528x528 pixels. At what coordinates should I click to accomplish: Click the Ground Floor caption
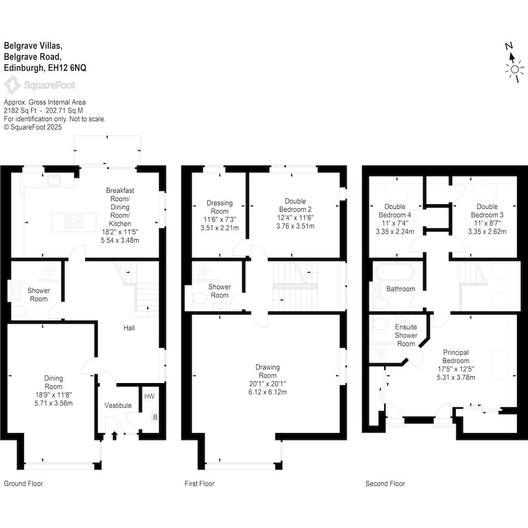tap(23, 484)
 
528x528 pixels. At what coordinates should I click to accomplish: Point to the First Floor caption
tap(199, 484)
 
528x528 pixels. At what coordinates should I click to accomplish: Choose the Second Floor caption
tap(385, 484)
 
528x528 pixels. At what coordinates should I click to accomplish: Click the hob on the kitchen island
tap(75, 221)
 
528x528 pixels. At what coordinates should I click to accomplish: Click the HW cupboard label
tap(150, 397)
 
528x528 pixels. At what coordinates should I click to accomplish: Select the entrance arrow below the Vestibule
tap(114, 435)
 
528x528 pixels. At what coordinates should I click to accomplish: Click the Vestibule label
tap(118, 406)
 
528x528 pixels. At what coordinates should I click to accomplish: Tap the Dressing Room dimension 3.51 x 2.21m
tap(220, 228)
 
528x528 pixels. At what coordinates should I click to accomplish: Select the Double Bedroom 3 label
tap(487, 211)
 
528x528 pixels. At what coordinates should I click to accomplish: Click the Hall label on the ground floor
tap(129, 328)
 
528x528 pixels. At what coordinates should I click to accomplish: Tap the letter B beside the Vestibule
tap(155, 418)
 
